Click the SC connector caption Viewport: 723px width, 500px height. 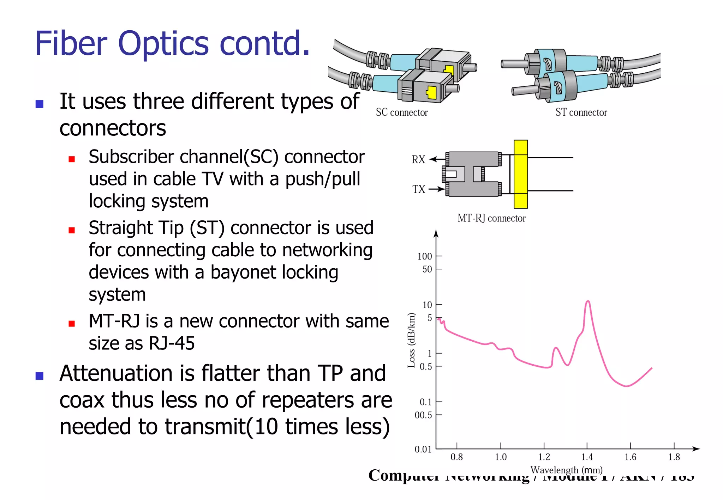tap(401, 112)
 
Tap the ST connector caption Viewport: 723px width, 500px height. tap(581, 112)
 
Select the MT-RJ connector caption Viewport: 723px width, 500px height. tap(491, 218)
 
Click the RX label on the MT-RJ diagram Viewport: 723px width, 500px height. tap(418, 160)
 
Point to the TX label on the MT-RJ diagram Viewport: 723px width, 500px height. tap(419, 189)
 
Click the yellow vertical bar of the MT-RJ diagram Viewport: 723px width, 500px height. tap(520, 174)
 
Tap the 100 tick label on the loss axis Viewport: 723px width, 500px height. tap(424, 256)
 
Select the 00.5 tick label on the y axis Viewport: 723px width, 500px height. tap(423, 415)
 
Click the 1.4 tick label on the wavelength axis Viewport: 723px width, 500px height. tap(587, 457)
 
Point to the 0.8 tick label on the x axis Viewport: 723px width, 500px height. tap(456, 457)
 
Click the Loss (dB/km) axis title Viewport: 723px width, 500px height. tap(411, 340)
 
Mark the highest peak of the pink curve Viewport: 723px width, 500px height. tap(588, 301)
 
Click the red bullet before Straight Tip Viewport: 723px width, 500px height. tap(72, 230)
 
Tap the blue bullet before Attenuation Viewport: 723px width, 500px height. tap(40, 376)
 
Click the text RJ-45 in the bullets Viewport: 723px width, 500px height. tap(172, 343)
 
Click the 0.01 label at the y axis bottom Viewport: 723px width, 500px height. tap(423, 449)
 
